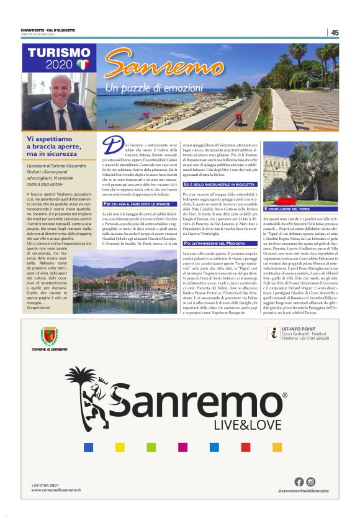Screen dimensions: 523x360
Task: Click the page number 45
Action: pos(335,32)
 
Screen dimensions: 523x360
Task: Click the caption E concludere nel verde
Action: pos(289,209)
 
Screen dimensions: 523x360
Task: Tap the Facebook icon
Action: pos(299,481)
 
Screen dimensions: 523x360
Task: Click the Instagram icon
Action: pos(311,481)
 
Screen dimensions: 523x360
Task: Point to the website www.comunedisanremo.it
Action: pos(56,491)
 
